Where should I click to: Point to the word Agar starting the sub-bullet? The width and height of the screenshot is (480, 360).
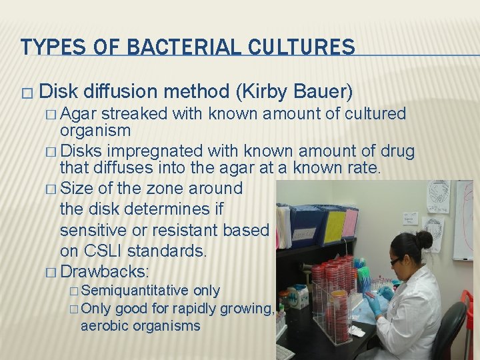click(83, 113)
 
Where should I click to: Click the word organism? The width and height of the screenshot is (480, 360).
click(95, 130)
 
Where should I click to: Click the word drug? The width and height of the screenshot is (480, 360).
click(398, 151)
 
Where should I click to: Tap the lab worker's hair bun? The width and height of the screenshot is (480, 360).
click(425, 239)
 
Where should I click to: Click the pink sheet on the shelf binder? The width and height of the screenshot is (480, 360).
click(349, 223)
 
